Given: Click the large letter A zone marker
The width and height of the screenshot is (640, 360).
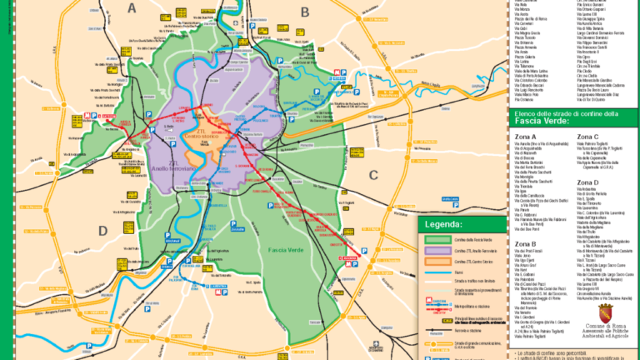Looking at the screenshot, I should coord(132,8).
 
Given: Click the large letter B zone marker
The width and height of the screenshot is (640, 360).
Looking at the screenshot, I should coord(305,11).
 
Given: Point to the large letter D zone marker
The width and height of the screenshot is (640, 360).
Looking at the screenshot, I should coord(103,231).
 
